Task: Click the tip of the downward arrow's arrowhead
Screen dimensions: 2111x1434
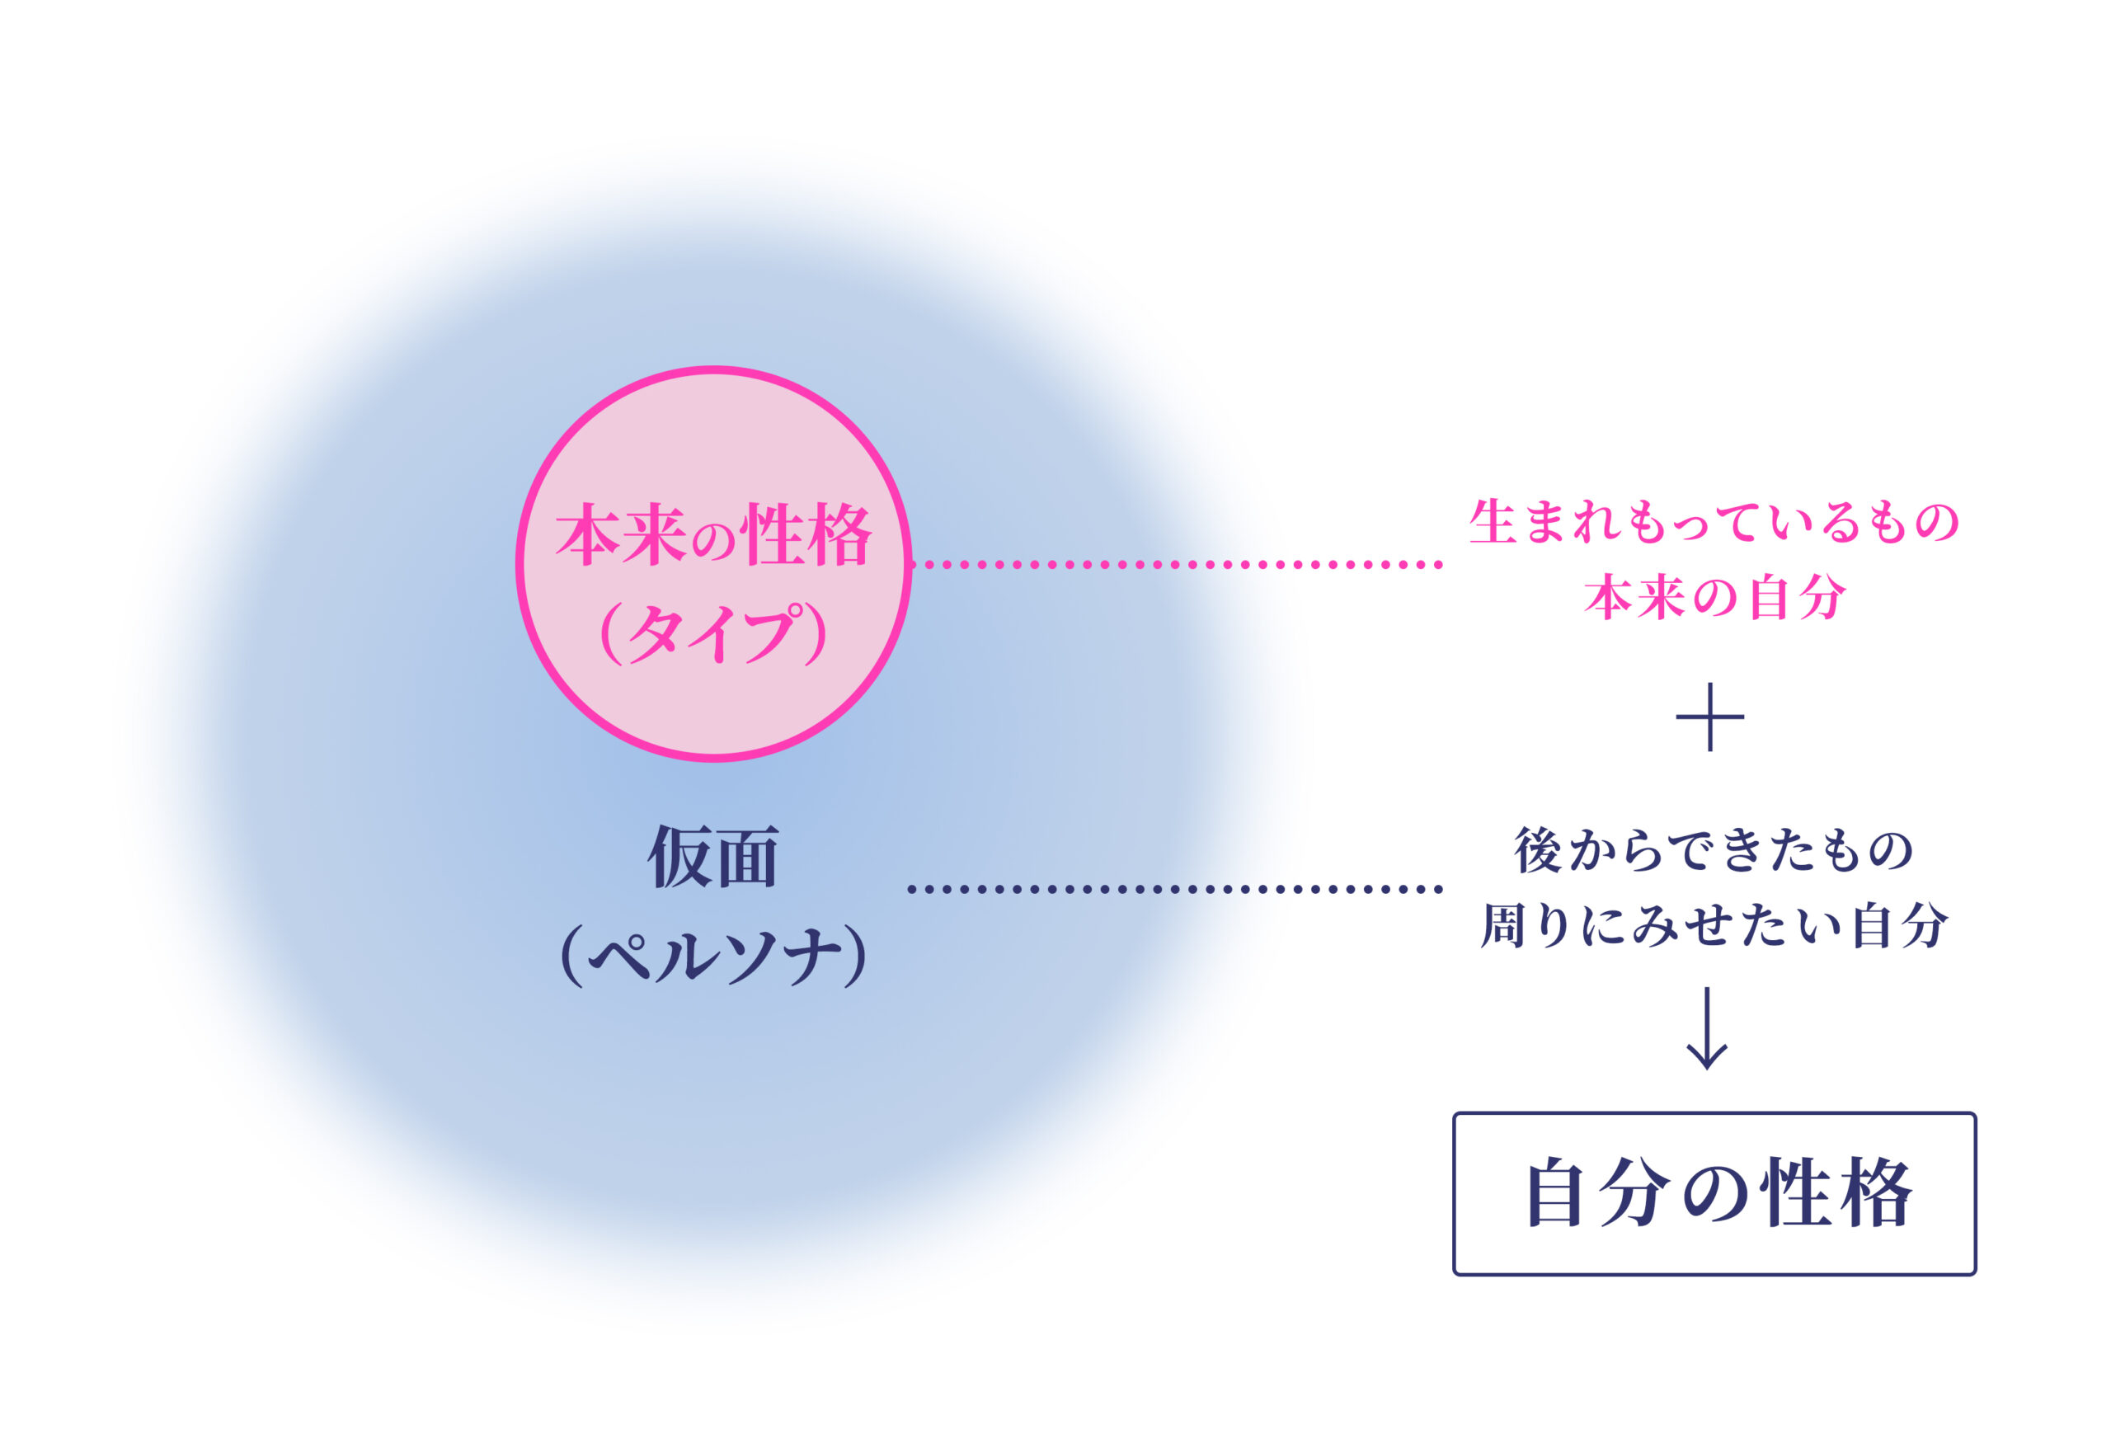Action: [1707, 1069]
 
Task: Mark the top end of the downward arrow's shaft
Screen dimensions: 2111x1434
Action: [1707, 988]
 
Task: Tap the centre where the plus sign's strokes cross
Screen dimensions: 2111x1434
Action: [1709, 717]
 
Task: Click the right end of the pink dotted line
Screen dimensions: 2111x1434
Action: [1439, 565]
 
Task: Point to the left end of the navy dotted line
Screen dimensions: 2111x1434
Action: [912, 889]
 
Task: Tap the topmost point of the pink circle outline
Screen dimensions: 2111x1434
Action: [714, 369]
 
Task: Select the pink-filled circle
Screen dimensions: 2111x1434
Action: [714, 564]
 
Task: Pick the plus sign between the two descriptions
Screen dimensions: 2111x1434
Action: [1709, 717]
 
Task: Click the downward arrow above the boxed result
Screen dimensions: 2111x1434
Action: [1707, 1028]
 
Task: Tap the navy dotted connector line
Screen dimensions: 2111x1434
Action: [1175, 889]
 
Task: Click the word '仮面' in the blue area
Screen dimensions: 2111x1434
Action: [713, 857]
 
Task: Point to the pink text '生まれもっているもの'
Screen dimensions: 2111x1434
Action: [1714, 523]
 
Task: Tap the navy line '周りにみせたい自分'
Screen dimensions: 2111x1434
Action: [1714, 926]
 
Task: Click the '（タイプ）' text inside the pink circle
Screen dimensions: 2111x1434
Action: [714, 633]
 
